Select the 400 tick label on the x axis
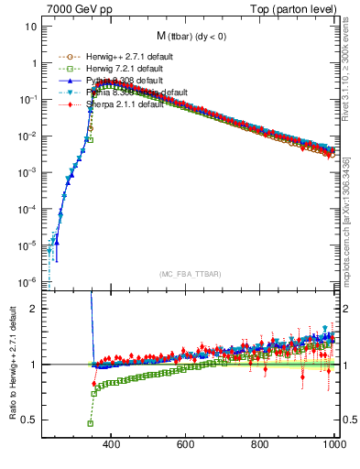pos(112,445)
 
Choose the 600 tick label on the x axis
pos(186,445)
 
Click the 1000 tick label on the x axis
pos(333,445)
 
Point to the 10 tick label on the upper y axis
pos(31,27)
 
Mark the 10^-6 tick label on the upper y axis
pos(27,281)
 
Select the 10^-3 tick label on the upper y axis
pos(27,172)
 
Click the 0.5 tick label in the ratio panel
pos(29,420)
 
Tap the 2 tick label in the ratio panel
pos(35,309)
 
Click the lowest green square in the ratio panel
pos(91,423)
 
